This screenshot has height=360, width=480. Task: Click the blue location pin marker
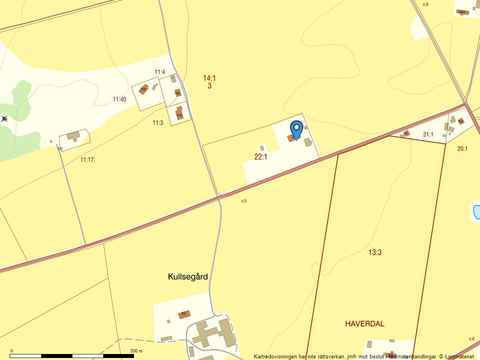coord(296,129)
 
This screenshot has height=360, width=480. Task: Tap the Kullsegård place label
coord(188,277)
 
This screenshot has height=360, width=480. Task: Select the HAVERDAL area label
coord(364,324)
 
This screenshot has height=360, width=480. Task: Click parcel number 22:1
coord(261,157)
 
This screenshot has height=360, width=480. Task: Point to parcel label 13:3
coord(375,252)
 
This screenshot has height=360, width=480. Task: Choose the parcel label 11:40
coord(119,100)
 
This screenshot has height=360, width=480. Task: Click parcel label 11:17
coord(87,160)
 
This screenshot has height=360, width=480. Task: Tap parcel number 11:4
coord(160,72)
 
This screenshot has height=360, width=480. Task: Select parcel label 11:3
coord(158,123)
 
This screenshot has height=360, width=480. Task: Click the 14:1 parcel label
coord(210,78)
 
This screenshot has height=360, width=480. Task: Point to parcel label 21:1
coord(428,135)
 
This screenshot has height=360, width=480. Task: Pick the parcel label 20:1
coord(462,149)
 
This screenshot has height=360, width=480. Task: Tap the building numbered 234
coord(179,114)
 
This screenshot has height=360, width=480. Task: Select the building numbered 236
coord(144,89)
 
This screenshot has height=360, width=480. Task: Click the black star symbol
coord(4,118)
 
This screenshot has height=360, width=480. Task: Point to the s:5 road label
coord(244,201)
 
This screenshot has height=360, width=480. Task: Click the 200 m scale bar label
coord(136,351)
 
